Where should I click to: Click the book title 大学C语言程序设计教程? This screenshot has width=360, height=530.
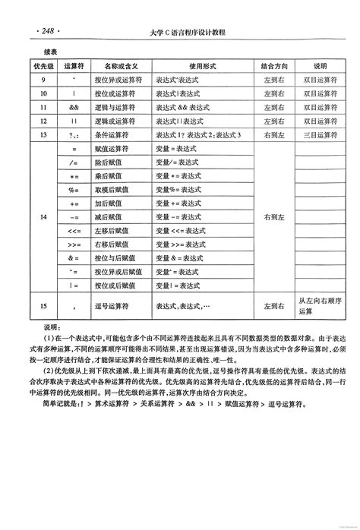click(188, 33)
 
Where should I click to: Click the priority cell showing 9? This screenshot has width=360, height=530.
click(43, 80)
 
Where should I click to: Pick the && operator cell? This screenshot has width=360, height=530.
click(74, 107)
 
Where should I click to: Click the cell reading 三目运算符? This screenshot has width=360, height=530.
click(319, 134)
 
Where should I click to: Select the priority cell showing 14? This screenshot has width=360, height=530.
click(43, 217)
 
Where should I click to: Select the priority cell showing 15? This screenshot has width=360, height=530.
click(43, 306)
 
